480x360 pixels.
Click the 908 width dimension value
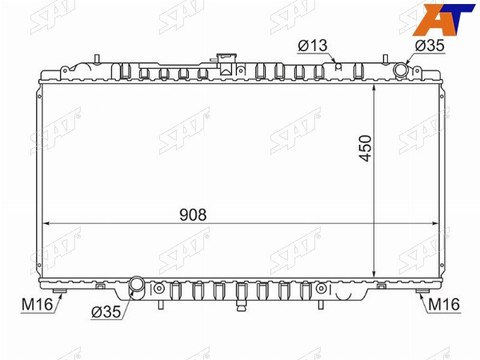click(x=193, y=214)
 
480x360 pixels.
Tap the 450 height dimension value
click(x=366, y=148)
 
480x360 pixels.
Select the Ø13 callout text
click(x=313, y=46)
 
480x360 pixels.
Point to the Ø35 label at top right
click(x=430, y=46)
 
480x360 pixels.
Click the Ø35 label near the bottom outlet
click(x=106, y=312)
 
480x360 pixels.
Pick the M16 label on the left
click(x=37, y=305)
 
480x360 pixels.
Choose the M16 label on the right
click(x=444, y=305)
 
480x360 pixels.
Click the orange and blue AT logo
click(x=443, y=19)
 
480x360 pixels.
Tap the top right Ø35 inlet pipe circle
click(x=401, y=70)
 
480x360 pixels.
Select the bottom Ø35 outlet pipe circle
click(x=137, y=284)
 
